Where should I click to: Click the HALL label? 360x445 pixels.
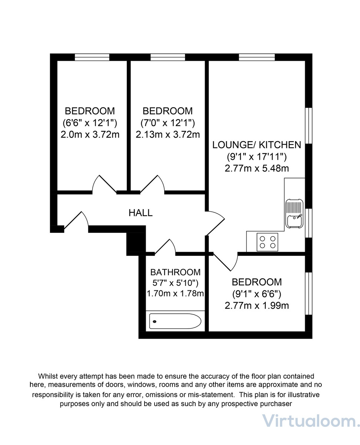[x=141, y=213]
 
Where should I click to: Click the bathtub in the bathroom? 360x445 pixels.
[x=175, y=321]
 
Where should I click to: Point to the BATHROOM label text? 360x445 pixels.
[x=175, y=272]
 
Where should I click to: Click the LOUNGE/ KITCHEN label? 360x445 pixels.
[x=257, y=145]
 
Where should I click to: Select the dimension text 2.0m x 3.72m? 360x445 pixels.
[x=90, y=134]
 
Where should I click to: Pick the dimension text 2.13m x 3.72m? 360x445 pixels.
[x=168, y=134]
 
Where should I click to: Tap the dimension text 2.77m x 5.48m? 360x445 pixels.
[x=257, y=168]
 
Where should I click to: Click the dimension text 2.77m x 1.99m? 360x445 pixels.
[x=257, y=306]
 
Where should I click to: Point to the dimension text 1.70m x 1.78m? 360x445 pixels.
[x=175, y=294]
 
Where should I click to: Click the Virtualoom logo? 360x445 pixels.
[x=311, y=421]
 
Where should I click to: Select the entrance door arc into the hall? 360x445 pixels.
[x=77, y=221]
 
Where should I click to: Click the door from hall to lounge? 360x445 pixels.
[x=215, y=222]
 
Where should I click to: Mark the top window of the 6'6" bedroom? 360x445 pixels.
[x=92, y=57]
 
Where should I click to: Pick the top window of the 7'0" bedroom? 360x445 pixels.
[x=168, y=57]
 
